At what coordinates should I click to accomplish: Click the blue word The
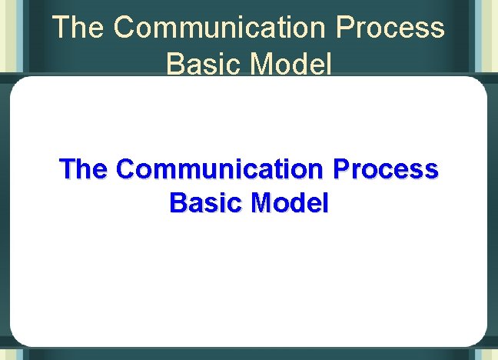click(x=85, y=168)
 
